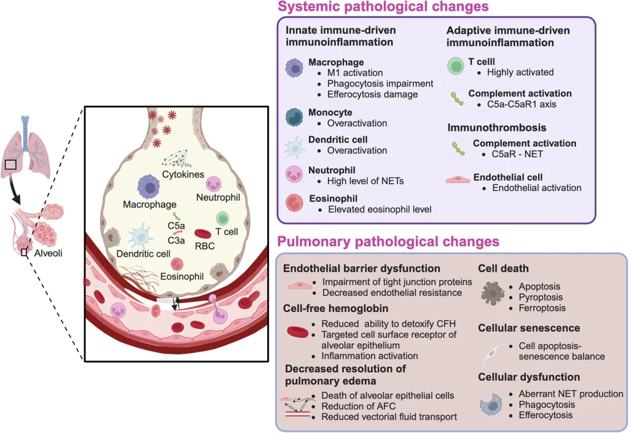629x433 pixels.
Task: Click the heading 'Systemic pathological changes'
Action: coord(383,7)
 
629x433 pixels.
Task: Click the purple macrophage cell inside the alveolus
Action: coord(149,185)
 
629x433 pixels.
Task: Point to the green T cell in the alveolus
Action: coord(222,218)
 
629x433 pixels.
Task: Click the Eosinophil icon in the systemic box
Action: coord(295,203)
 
